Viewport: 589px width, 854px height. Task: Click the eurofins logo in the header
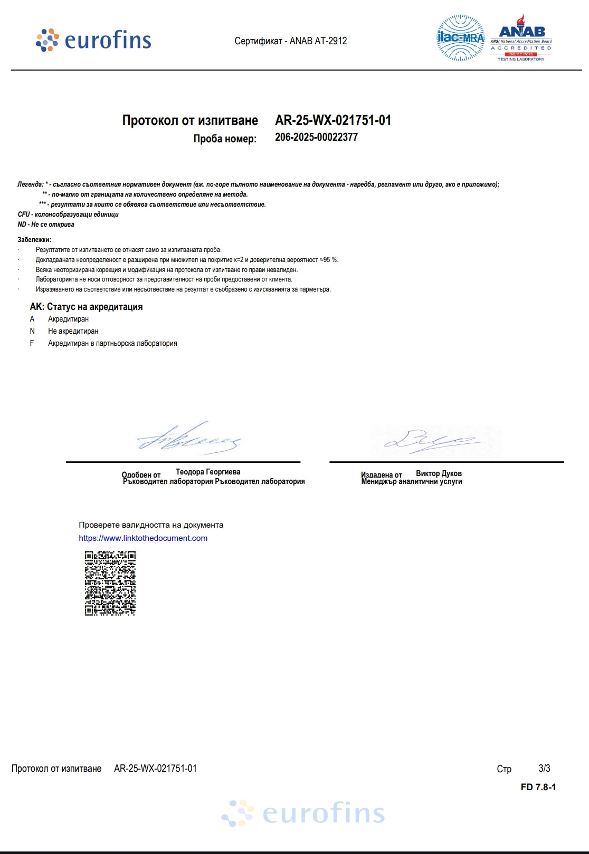[x=93, y=40]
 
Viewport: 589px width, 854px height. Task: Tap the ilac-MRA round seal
[x=460, y=38]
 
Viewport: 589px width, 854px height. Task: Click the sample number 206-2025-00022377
[x=316, y=137]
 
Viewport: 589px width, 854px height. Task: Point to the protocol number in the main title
[x=333, y=120]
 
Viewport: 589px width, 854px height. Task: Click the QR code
[x=110, y=583]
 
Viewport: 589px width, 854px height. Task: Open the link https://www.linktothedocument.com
[x=143, y=538]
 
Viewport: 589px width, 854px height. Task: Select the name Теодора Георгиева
[x=208, y=472]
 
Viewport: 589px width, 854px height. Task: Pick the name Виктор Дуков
[x=439, y=473]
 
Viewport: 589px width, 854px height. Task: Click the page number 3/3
[x=544, y=768]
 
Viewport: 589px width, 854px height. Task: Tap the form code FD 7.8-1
[x=538, y=787]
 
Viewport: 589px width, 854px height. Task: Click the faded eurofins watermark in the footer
[x=303, y=813]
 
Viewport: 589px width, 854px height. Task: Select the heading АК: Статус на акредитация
[x=86, y=307]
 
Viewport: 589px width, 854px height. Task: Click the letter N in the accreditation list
[x=32, y=331]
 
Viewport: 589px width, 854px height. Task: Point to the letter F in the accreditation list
[x=32, y=343]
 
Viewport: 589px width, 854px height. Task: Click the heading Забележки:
[x=34, y=240]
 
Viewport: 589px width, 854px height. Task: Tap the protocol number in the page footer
[x=155, y=769]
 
